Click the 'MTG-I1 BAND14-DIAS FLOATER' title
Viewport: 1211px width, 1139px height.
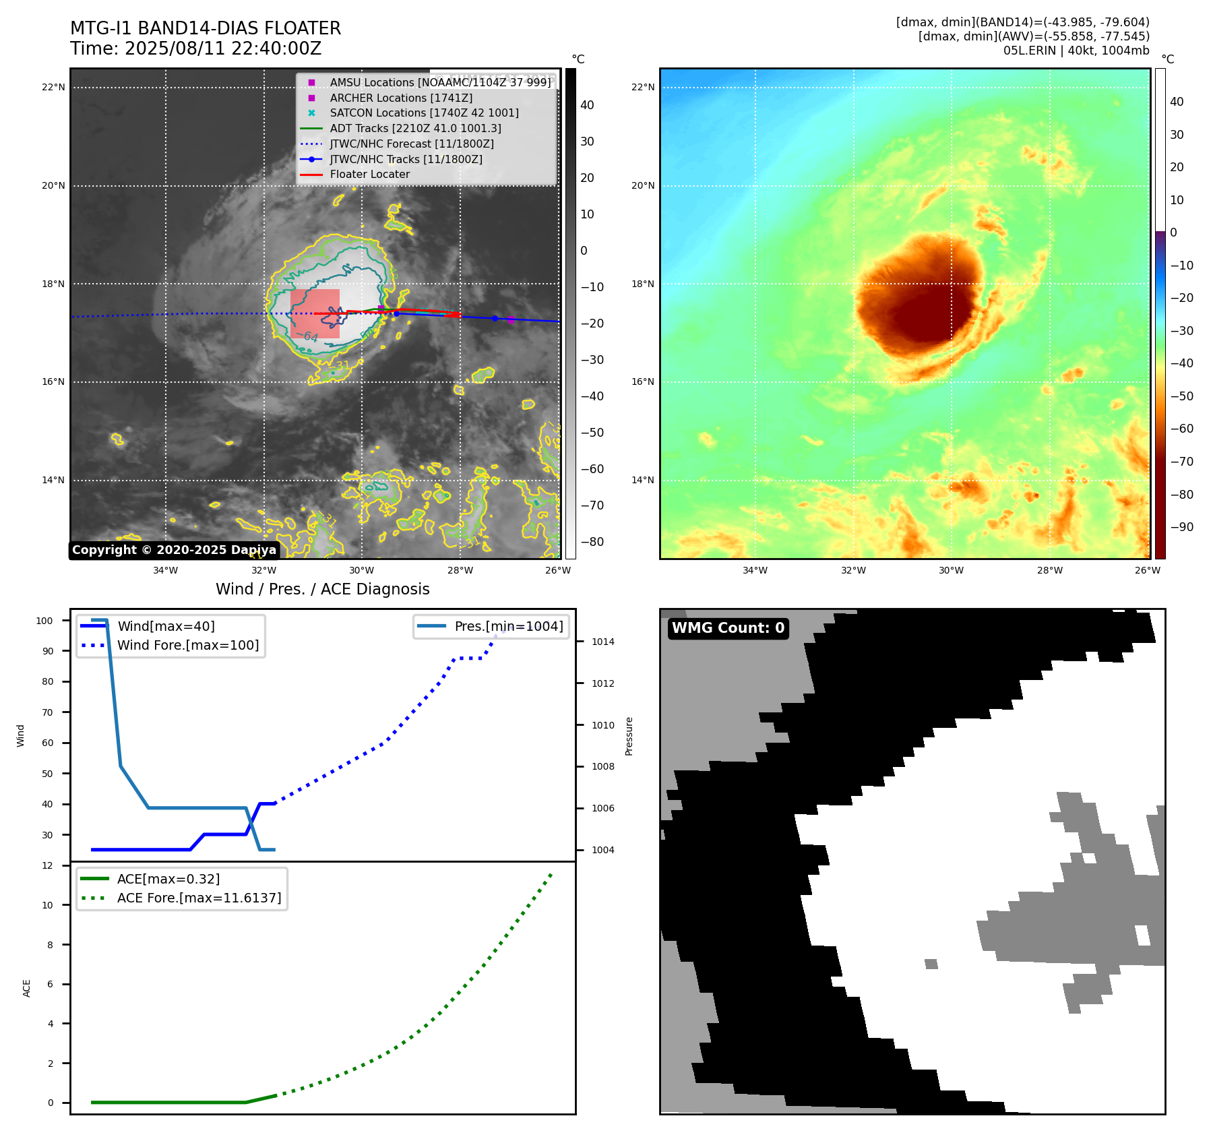tap(206, 28)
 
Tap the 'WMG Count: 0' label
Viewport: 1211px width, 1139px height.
tap(728, 628)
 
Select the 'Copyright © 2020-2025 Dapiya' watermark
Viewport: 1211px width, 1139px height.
tap(174, 550)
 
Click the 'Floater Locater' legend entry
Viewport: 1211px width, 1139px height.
tap(369, 175)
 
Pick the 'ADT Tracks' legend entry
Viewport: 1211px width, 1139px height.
tap(415, 128)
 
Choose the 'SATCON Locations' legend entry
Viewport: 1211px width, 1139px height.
tap(424, 113)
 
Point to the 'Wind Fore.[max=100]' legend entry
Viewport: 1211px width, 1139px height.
tap(188, 645)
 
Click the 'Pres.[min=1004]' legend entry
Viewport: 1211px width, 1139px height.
tap(509, 626)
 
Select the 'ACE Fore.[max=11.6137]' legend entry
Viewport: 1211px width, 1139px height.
tap(199, 898)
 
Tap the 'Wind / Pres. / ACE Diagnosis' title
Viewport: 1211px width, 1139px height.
tap(322, 589)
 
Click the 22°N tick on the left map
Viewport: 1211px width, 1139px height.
tap(53, 87)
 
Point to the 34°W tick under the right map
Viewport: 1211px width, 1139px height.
tap(755, 570)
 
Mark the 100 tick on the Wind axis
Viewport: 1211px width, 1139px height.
tap(44, 621)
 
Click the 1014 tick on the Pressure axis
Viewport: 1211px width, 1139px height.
tap(602, 642)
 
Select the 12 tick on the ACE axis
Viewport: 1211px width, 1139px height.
tap(47, 865)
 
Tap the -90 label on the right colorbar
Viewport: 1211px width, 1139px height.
tap(1181, 527)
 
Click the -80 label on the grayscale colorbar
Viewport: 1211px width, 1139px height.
tap(592, 542)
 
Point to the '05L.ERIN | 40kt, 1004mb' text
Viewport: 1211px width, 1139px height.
tap(1076, 51)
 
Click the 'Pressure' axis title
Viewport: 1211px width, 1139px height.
tap(629, 736)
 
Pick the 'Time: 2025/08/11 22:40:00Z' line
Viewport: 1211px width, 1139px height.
tap(195, 49)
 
